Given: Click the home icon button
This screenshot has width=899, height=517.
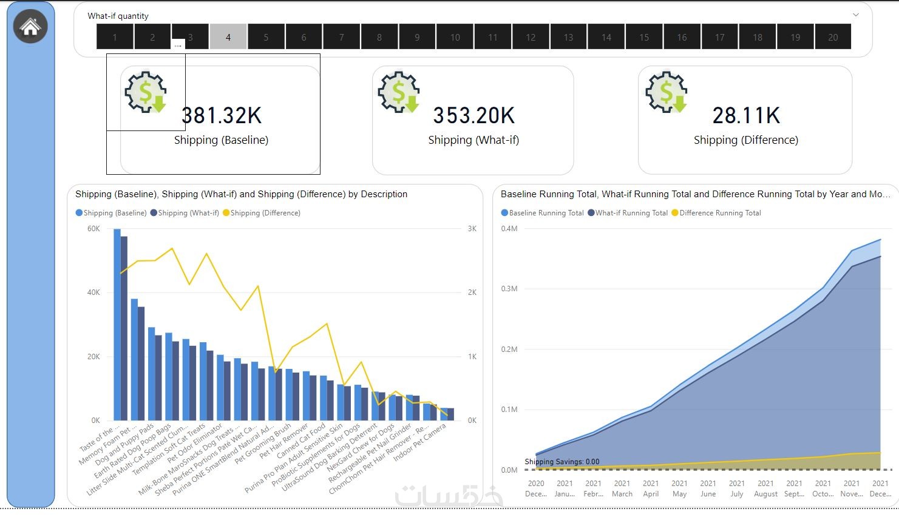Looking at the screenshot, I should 30,27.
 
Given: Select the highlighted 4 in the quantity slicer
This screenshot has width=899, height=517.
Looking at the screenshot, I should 228,37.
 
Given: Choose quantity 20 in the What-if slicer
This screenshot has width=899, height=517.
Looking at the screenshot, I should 833,37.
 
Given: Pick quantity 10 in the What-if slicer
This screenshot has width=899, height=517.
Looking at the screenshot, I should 455,37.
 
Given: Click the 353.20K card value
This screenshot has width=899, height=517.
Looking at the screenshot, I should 473,115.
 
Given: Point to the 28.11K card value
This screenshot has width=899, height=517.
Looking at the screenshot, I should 746,115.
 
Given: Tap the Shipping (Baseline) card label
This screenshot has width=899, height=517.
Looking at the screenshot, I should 221,140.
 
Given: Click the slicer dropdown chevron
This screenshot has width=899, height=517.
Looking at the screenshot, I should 856,15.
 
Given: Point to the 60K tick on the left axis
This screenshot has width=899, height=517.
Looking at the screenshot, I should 93,229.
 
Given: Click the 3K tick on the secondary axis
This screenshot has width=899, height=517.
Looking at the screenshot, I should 472,229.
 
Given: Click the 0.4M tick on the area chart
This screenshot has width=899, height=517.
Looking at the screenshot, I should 509,229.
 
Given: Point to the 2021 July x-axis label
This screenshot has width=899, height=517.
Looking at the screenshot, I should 737,488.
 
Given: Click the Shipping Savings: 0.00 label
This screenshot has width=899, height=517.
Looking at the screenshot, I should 562,462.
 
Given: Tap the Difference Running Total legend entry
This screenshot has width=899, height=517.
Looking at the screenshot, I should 720,213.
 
